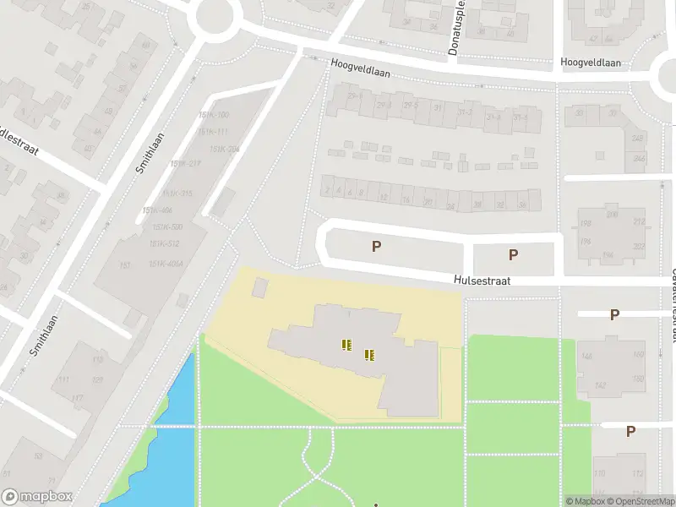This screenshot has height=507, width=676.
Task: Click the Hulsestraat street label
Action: pos(482,281)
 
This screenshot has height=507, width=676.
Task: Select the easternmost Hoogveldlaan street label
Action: pos(591,63)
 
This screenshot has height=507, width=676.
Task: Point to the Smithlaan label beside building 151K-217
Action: pos(150,152)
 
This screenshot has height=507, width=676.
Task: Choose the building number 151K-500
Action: pos(167,227)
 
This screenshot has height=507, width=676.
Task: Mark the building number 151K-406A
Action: pos(164,264)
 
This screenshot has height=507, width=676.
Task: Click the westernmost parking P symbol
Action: pos(377,247)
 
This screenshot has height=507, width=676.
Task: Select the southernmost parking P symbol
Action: pos(630,431)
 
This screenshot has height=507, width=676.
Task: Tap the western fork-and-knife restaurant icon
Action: pos(346,344)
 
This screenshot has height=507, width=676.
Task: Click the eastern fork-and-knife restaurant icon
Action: pos(369,355)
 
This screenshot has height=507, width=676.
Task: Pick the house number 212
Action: pos(639,222)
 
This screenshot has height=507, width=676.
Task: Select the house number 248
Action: pos(638,139)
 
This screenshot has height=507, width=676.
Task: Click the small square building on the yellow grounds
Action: pos(259,287)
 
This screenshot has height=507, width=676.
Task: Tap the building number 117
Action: pos(77,398)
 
